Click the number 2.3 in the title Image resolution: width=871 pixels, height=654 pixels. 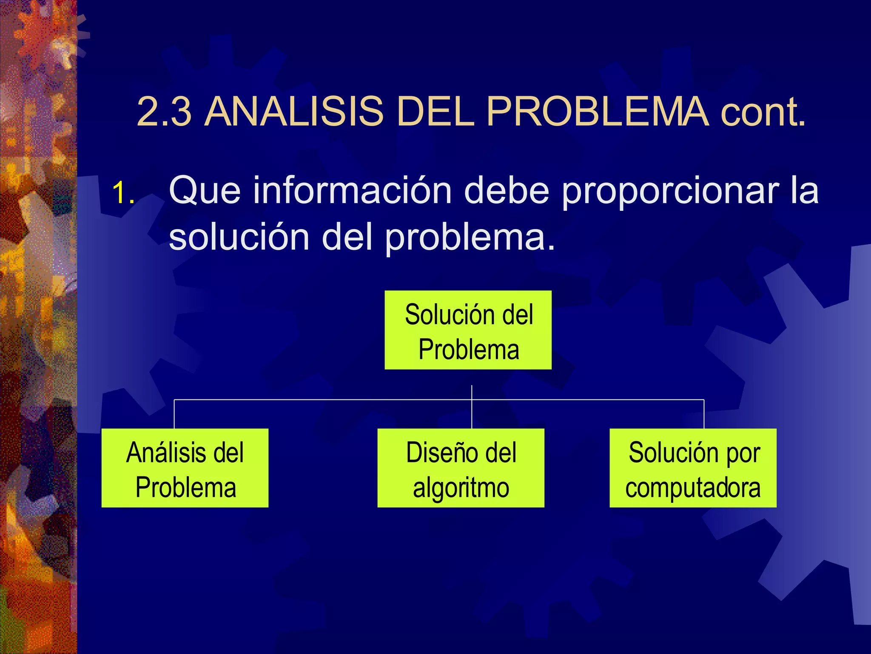point(164,112)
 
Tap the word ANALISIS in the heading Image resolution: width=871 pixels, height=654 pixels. point(294,112)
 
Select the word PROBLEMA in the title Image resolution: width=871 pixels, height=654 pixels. point(598,112)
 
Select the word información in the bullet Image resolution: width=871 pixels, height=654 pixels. point(353,190)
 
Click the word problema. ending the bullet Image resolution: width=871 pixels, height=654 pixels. point(470,238)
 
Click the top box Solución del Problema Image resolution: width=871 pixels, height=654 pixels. point(468,330)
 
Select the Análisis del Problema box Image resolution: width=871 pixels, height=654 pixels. point(185,468)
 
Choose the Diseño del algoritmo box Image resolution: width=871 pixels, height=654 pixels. point(461,468)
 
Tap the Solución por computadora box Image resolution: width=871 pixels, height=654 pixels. point(693,468)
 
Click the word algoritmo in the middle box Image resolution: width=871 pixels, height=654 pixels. point(461,488)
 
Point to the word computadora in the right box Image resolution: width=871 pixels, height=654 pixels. point(693,488)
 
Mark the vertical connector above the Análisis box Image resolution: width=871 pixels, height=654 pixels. point(174,414)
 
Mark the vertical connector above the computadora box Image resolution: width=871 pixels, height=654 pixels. point(704,414)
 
